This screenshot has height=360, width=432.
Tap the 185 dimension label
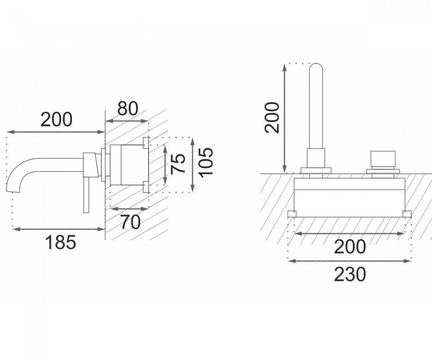(60, 243)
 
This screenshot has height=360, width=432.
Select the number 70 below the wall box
(131, 222)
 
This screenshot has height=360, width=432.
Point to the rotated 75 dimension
(178, 164)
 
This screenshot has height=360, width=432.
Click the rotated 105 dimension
(206, 163)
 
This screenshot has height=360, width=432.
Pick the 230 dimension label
(350, 274)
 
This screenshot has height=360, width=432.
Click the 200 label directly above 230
(350, 247)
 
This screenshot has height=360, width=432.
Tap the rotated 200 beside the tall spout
(272, 117)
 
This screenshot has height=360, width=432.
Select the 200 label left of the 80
(56, 120)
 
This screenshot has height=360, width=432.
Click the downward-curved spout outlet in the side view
(12, 182)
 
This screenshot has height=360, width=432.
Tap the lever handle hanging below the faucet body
(86, 194)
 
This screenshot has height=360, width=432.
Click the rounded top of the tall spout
(316, 65)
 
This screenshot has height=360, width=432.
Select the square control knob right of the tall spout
(383, 158)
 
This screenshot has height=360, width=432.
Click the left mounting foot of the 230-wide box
(292, 214)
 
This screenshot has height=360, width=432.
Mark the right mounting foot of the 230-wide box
(407, 214)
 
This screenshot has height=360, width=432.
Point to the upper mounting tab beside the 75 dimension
(146, 143)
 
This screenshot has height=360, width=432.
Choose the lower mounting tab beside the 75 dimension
(146, 187)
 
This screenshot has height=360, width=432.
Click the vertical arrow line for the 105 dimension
(193, 164)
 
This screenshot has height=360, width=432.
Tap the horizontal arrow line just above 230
(349, 261)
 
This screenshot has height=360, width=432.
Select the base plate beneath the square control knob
(383, 171)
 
